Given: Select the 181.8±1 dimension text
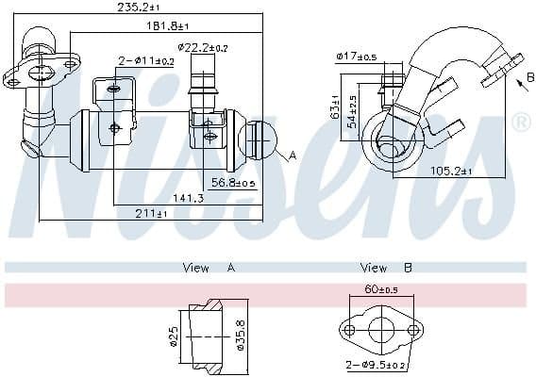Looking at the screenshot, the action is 168,25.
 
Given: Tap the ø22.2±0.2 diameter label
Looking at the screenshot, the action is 203,48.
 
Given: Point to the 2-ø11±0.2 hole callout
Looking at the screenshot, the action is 146,61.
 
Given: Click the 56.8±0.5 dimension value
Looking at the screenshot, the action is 233,183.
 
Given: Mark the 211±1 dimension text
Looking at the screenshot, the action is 151,213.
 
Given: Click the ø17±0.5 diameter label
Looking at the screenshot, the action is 357,56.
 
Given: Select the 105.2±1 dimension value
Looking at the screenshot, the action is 450,171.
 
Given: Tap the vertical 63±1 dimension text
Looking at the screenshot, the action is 335,107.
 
